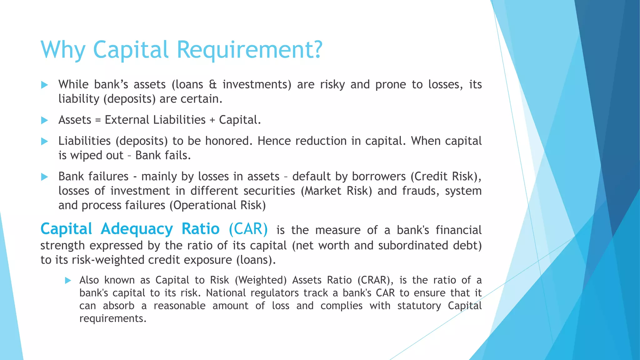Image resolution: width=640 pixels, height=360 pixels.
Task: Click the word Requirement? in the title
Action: pos(249,50)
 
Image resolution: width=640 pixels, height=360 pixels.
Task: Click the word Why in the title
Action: pos(63,50)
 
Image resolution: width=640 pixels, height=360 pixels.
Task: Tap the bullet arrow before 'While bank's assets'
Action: pos(44,85)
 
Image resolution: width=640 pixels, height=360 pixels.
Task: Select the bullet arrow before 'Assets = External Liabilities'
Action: pos(44,120)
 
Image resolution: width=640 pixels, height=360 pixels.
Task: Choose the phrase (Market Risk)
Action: pos(337,191)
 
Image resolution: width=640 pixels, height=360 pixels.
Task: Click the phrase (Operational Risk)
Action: pos(217,205)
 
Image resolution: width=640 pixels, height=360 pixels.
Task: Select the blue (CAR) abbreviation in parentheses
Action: pos(248,229)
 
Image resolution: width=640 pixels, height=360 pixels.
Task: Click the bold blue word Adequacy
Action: pos(137,229)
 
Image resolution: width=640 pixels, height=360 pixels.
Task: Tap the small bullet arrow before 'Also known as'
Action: pos(68,280)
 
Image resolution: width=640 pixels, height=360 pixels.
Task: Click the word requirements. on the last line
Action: pos(113,318)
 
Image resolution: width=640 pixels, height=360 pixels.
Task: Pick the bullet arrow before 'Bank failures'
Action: pos(44,177)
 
